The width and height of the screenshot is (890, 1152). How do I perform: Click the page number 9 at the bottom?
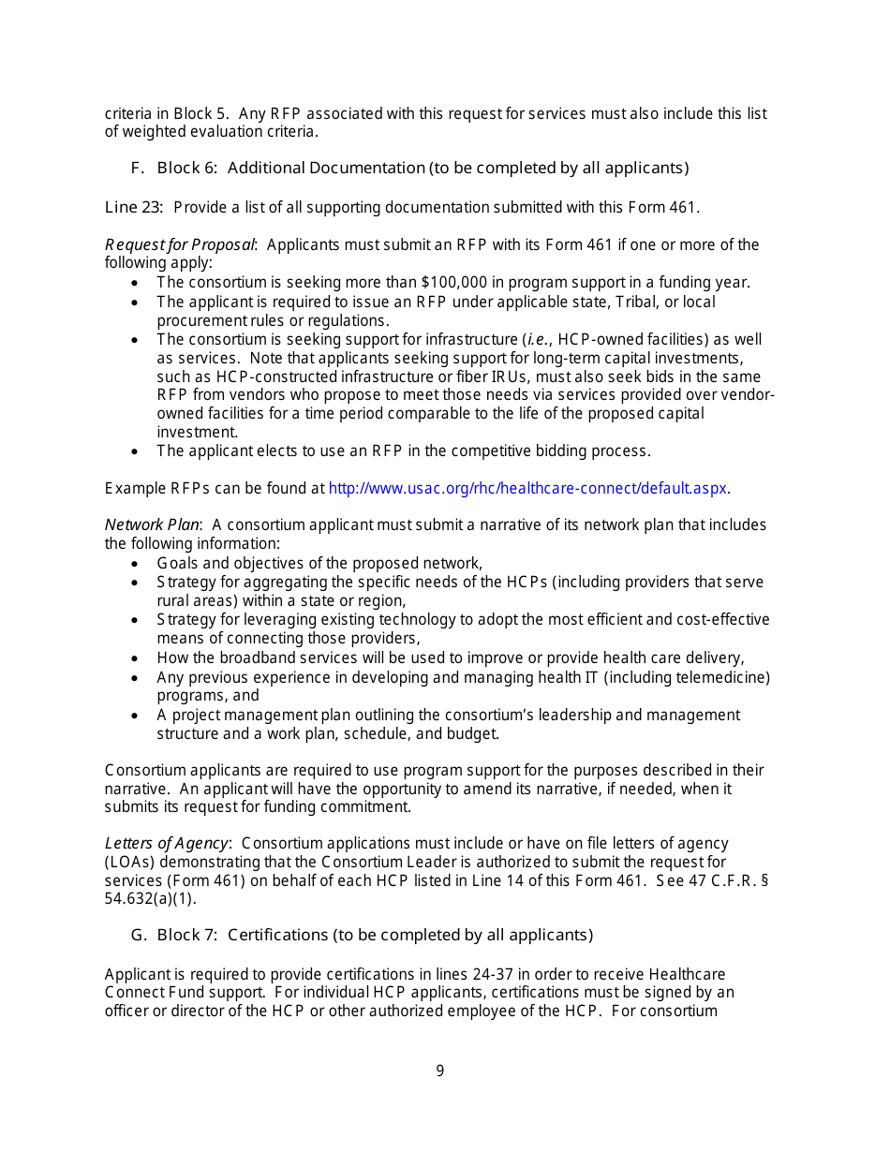(x=439, y=1071)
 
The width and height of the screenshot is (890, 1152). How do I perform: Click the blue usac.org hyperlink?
(x=528, y=488)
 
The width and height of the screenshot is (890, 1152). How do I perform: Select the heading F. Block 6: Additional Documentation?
(x=409, y=168)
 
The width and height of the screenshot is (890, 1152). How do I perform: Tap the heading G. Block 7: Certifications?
(x=362, y=935)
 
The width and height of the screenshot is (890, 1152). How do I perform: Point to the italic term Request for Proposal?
(x=179, y=244)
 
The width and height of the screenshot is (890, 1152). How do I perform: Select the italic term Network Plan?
(x=152, y=524)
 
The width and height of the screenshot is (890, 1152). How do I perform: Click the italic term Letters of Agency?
(x=166, y=843)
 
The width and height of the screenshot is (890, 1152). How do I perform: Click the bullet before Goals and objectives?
(x=137, y=564)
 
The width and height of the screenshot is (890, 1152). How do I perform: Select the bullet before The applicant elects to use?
(x=137, y=451)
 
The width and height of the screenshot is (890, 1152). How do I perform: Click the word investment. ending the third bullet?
(x=197, y=432)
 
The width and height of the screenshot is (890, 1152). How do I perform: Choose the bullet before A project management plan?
(x=137, y=716)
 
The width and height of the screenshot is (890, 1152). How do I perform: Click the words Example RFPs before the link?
(x=142, y=488)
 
